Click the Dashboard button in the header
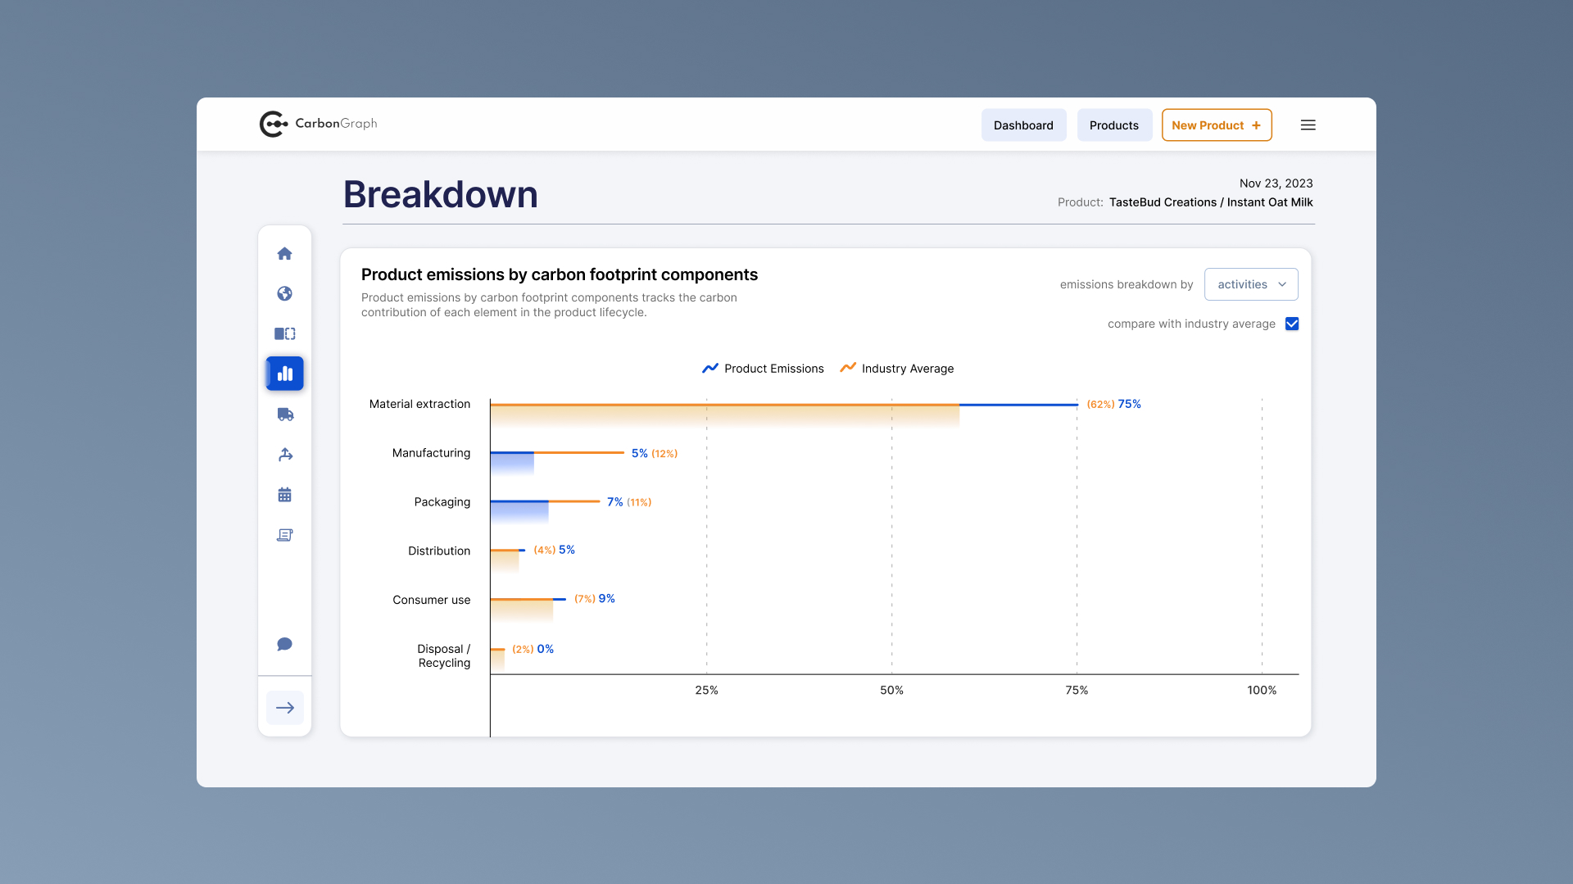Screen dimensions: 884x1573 (x=1023, y=125)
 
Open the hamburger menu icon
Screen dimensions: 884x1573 (x=1308, y=125)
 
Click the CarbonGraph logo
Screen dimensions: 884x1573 (x=318, y=124)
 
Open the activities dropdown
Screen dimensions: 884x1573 (x=1250, y=284)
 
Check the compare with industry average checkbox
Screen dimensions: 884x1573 (x=1292, y=324)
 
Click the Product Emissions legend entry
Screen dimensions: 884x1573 (x=763, y=369)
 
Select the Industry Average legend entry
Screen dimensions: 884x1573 (x=897, y=369)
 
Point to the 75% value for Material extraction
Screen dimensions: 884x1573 (x=1129, y=404)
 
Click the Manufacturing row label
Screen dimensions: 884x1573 (x=431, y=453)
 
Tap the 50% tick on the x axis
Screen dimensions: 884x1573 (x=891, y=690)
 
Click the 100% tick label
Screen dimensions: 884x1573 (x=1261, y=690)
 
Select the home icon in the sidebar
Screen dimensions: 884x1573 (x=284, y=254)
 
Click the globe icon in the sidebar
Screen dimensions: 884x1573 (x=284, y=293)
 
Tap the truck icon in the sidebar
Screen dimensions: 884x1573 (x=284, y=415)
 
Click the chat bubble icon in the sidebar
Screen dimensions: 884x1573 (x=284, y=644)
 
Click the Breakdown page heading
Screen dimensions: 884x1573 (x=440, y=195)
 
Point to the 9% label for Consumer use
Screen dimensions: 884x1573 (x=606, y=599)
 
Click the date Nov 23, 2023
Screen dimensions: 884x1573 (x=1276, y=184)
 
